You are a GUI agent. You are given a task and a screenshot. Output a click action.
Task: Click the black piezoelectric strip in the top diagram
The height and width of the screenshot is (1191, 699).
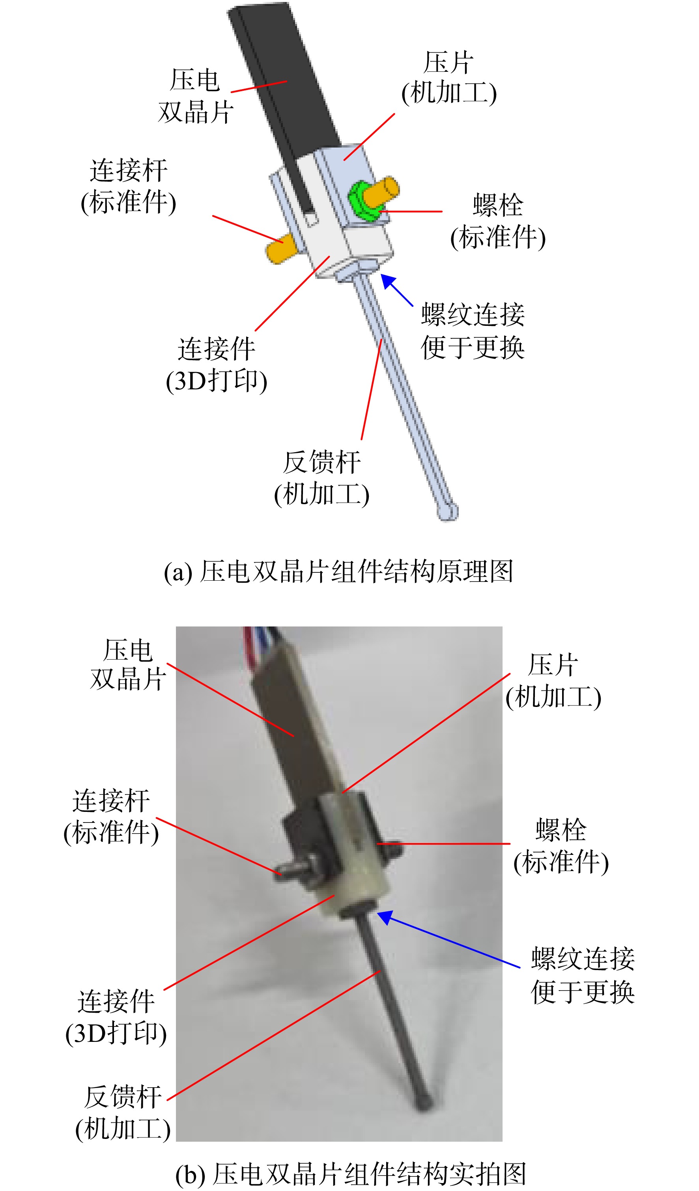[284, 95]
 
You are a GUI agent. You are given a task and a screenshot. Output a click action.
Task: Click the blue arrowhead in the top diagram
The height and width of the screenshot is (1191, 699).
[389, 282]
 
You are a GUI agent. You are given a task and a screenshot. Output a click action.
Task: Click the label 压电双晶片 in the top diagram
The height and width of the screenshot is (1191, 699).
[196, 96]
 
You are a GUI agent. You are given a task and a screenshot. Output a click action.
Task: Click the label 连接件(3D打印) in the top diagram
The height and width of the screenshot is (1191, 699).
[217, 365]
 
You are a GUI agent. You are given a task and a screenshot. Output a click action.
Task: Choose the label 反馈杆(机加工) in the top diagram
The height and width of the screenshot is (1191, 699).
[322, 478]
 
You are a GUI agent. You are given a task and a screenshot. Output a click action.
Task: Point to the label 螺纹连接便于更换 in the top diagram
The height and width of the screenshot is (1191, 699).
[473, 331]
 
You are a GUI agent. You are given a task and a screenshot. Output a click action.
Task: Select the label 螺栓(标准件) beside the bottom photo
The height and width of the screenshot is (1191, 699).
[561, 846]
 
